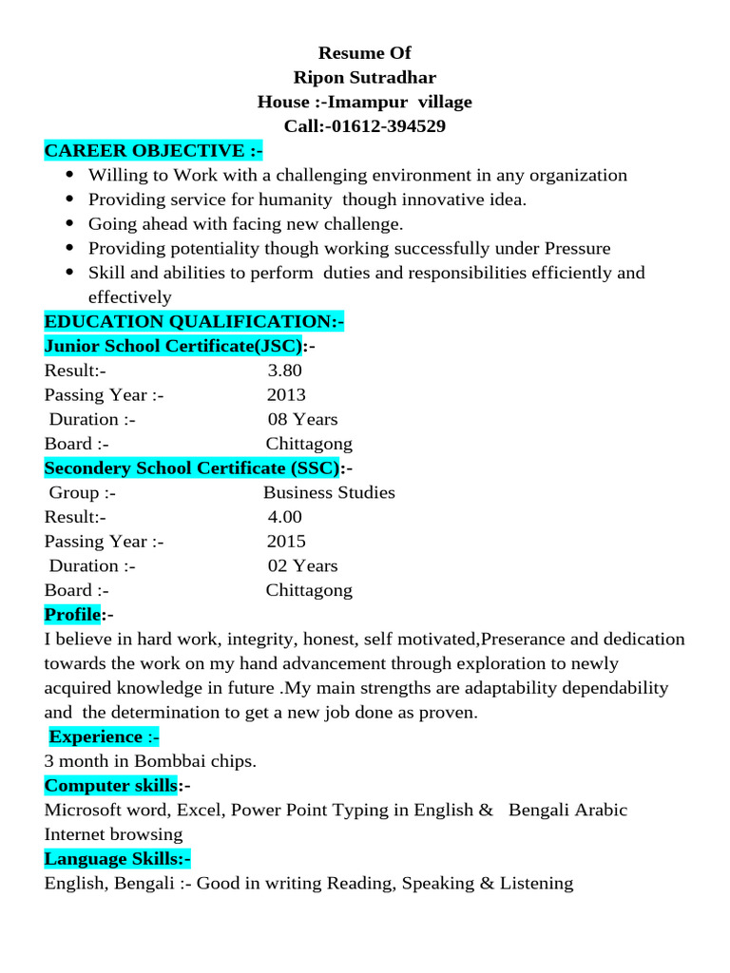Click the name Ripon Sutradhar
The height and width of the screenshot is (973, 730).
pyautogui.click(x=365, y=77)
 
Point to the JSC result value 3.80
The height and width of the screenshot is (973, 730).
pyautogui.click(x=284, y=371)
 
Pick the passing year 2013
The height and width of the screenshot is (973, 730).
pyautogui.click(x=286, y=395)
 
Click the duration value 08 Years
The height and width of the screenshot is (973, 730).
pyautogui.click(x=302, y=419)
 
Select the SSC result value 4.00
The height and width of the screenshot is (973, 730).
pyautogui.click(x=284, y=517)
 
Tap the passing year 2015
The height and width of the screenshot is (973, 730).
pyautogui.click(x=286, y=542)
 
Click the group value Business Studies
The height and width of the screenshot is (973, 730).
pyautogui.click(x=329, y=492)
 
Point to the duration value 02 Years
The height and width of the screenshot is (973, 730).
pyautogui.click(x=302, y=565)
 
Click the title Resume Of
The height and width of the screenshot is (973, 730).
pyautogui.click(x=365, y=53)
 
